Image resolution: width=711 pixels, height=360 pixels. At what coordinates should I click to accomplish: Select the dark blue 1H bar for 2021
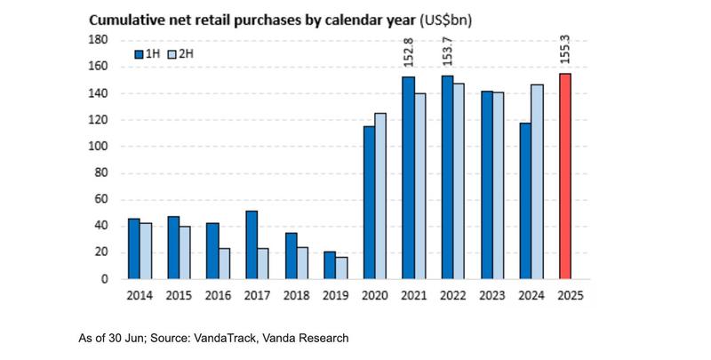tap(408, 178)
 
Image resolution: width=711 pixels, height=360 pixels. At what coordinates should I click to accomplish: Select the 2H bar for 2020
tap(379, 196)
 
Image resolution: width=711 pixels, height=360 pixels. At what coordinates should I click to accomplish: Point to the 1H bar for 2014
tap(133, 248)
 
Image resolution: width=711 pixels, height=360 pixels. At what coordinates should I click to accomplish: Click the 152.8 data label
tap(409, 54)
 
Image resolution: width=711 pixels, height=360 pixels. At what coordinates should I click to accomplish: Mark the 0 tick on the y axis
tap(104, 279)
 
